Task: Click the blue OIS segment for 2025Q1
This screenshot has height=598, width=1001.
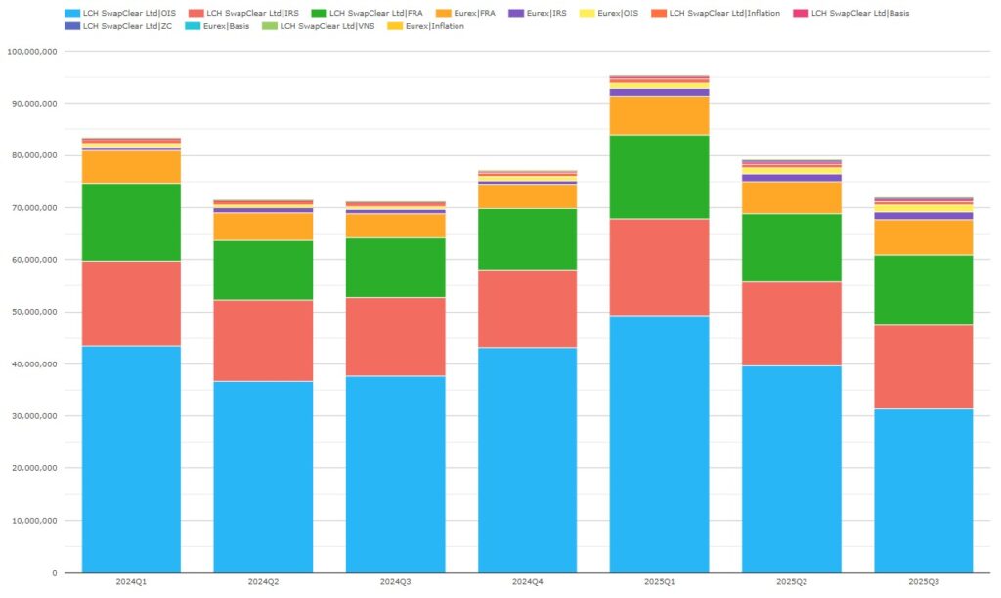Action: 659,444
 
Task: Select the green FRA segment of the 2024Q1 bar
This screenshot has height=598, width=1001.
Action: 131,222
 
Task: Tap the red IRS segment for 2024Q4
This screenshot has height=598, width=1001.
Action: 527,308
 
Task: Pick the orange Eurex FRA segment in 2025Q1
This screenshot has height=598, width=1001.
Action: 659,114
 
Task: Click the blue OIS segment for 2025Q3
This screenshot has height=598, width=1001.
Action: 923,490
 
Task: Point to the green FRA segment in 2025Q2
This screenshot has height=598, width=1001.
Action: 791,247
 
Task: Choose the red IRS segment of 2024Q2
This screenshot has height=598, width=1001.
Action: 263,340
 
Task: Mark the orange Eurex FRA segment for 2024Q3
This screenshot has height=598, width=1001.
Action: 395,226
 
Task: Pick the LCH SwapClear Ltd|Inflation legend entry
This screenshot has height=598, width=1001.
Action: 721,13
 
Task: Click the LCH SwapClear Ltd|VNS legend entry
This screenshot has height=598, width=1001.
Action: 326,26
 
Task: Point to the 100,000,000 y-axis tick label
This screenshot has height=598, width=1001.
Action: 31,51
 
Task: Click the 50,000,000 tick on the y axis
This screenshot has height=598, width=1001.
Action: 33,312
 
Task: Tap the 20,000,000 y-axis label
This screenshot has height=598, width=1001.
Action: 33,468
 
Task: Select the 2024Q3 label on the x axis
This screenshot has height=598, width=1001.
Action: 395,581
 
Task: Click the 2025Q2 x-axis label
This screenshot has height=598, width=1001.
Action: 791,581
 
